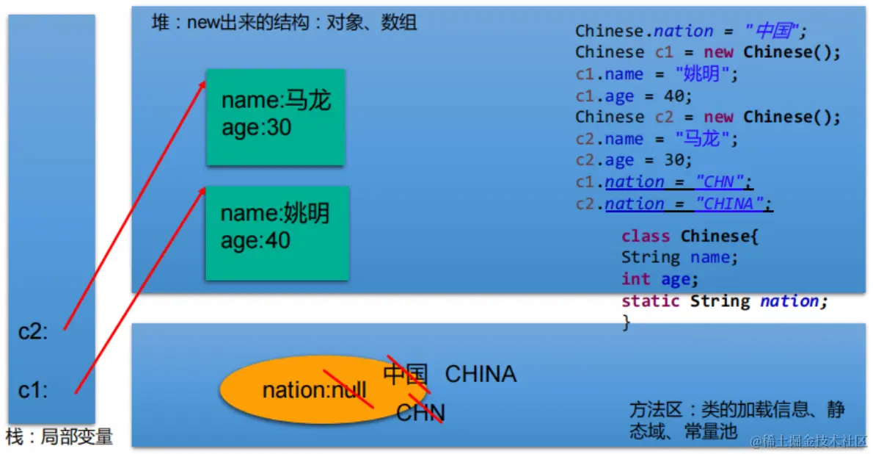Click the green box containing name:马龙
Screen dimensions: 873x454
[275, 117]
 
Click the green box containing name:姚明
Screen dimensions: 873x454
[277, 233]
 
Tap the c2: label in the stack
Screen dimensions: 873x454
[33, 332]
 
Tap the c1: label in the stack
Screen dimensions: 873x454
[33, 391]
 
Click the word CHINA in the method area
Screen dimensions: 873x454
[481, 374]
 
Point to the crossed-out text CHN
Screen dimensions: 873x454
[420, 412]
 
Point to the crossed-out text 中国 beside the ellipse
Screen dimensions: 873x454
[405, 374]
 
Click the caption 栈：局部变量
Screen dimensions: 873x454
[59, 437]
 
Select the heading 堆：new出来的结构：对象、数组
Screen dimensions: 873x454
[284, 23]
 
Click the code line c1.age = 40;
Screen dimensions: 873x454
[633, 96]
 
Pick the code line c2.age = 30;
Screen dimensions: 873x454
[633, 160]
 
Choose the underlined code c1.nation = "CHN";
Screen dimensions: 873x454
[664, 181]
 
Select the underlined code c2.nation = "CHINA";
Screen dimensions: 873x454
[673, 203]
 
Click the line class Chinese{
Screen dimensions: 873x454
[689, 236]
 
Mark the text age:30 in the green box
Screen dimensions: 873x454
[256, 128]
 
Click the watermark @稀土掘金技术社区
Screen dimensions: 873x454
[808, 441]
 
